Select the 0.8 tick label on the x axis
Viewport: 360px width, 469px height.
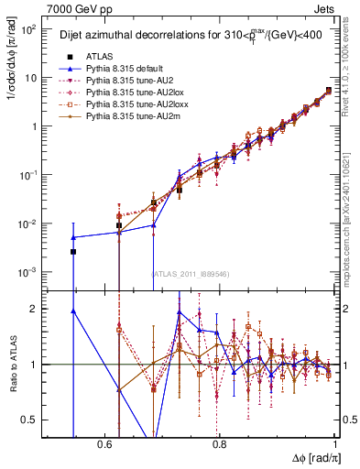pyautogui.click(x=220, y=444)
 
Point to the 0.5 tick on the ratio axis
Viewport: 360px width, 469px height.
pyautogui.click(x=29, y=420)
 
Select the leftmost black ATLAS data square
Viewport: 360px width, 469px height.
pyautogui.click(x=73, y=251)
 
